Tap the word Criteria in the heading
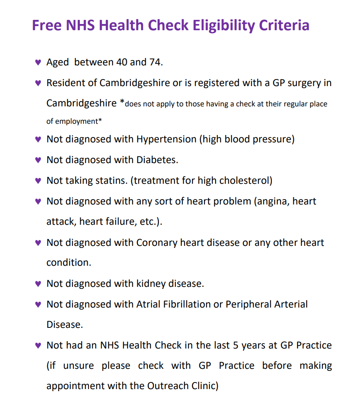(x=284, y=25)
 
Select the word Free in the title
(x=47, y=25)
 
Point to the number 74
(x=156, y=62)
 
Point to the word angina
(x=271, y=201)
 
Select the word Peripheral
(x=249, y=304)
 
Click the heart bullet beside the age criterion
(x=38, y=63)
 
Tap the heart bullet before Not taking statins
(x=38, y=181)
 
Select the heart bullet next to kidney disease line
(x=38, y=284)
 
